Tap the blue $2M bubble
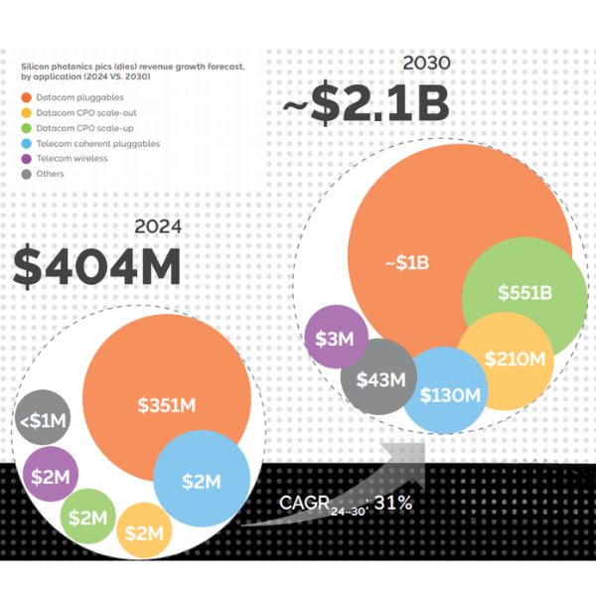[201, 481]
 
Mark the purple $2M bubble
[52, 475]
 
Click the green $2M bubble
[87, 517]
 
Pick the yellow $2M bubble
[145, 532]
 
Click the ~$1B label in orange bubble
[406, 262]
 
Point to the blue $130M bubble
[449, 394]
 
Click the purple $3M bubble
[335, 337]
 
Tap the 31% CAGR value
[393, 504]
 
